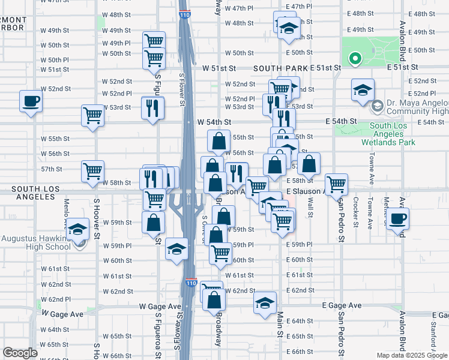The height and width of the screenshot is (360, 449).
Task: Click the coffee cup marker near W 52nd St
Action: (31, 101)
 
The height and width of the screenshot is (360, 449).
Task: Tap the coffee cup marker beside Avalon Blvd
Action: (397, 218)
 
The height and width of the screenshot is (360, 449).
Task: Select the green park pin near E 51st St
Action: (355, 59)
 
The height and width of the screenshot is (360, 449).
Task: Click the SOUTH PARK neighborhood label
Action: (276, 69)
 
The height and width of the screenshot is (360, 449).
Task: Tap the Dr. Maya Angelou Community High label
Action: (417, 107)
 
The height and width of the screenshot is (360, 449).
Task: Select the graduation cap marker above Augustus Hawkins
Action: (77, 229)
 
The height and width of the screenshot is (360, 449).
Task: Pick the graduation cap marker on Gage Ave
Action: (265, 304)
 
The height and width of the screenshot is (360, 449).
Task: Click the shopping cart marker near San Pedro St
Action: (336, 184)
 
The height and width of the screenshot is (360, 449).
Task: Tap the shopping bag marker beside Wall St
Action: (309, 164)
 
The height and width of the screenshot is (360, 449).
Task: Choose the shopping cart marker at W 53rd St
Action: (93, 116)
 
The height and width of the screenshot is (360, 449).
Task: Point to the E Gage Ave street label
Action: (342, 305)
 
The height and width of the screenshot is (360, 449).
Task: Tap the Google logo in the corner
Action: (20, 353)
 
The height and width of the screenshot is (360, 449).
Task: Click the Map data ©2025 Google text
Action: (412, 355)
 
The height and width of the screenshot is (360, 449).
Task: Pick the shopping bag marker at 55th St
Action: (220, 142)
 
